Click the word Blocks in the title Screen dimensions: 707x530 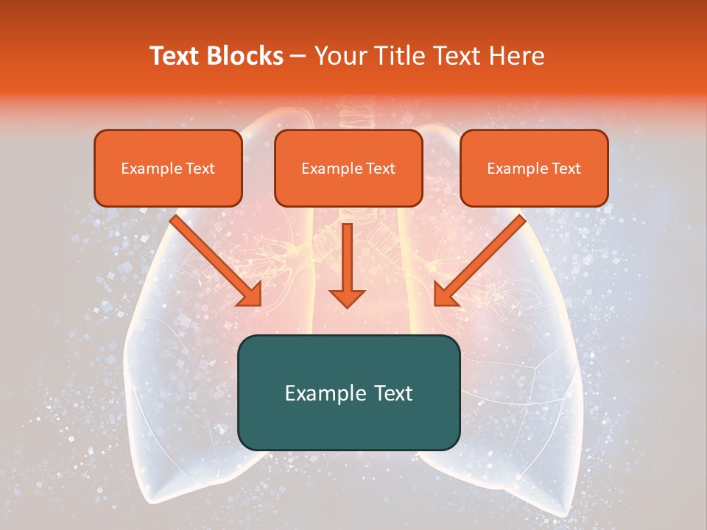click(247, 56)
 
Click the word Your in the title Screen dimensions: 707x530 click(340, 56)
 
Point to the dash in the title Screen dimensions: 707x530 click(299, 57)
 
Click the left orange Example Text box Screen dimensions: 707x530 click(168, 168)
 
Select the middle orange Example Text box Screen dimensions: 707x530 click(348, 168)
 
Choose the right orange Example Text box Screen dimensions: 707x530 click(534, 168)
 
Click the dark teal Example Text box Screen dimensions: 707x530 click(348, 392)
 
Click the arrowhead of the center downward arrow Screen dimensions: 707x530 click(347, 297)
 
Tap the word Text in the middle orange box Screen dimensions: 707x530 click(381, 169)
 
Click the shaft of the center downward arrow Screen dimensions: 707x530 click(347, 254)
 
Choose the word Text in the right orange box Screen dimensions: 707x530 click(566, 169)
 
